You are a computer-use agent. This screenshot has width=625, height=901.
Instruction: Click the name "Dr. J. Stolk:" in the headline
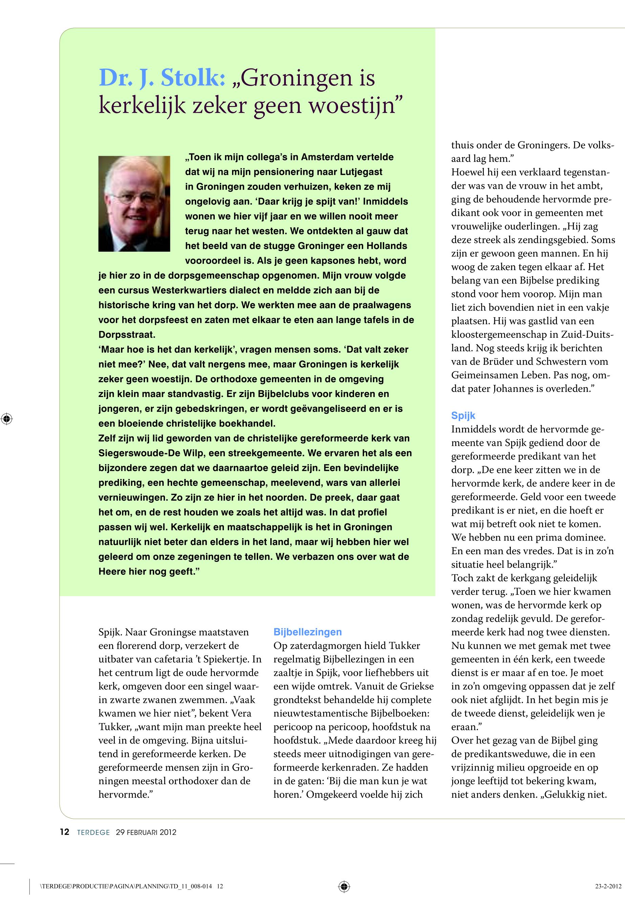(162, 78)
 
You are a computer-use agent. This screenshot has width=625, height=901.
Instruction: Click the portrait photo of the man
(134, 204)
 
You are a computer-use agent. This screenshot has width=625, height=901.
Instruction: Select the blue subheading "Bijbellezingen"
(307, 632)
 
